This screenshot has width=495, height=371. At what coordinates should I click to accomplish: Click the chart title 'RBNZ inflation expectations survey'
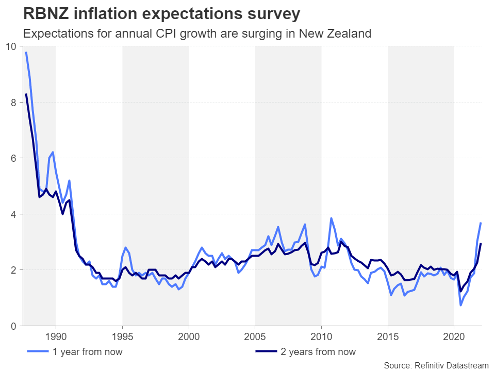click(x=161, y=14)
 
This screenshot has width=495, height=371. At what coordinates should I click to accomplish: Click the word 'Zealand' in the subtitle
click(x=350, y=34)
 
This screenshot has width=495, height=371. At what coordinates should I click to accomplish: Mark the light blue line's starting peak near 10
click(x=26, y=53)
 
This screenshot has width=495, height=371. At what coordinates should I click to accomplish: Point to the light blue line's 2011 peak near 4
click(x=331, y=218)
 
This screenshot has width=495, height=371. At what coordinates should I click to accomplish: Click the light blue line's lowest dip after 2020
click(x=460, y=305)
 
